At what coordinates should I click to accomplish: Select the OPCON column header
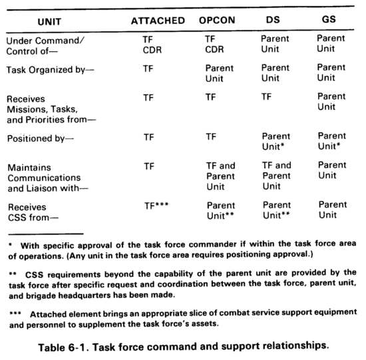tap(218, 21)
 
